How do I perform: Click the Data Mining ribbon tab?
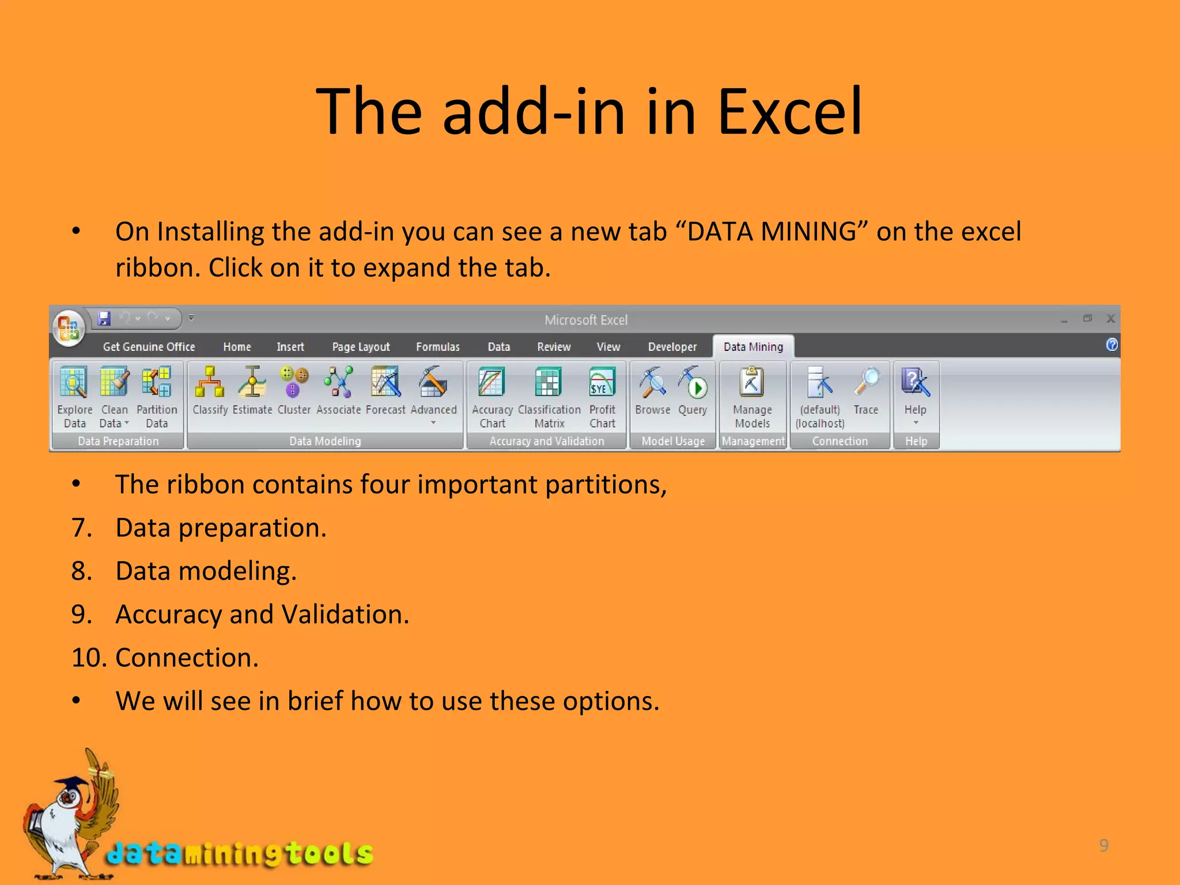(753, 347)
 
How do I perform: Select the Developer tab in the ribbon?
(672, 347)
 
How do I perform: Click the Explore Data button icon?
(74, 383)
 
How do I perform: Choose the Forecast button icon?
(385, 383)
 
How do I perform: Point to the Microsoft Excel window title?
(586, 320)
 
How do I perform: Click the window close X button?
(1111, 319)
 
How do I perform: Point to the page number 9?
(1103, 845)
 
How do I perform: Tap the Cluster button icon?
(294, 383)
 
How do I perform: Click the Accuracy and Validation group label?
(546, 441)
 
